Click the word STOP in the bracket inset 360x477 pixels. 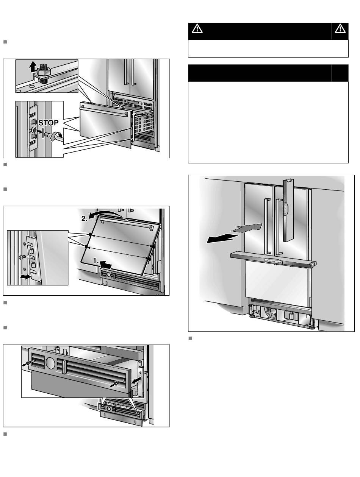pos(48,123)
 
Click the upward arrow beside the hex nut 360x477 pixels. pos(33,67)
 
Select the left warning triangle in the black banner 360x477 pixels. pos(197,29)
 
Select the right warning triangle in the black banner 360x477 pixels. pos(340,29)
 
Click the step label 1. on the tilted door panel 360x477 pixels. pos(96,260)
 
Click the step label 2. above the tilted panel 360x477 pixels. pos(85,218)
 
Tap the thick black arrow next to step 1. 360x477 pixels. pos(106,265)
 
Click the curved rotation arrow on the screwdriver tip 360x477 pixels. pos(56,136)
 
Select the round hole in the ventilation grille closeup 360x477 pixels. pos(50,363)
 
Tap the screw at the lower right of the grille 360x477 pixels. pos(116,383)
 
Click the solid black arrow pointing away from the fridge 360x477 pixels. pos(221,238)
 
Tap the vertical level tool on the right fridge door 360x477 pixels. pos(288,210)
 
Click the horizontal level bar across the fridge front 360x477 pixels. pos(273,259)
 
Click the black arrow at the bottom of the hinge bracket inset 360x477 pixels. pos(25,277)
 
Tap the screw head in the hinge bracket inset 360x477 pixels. pos(21,257)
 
